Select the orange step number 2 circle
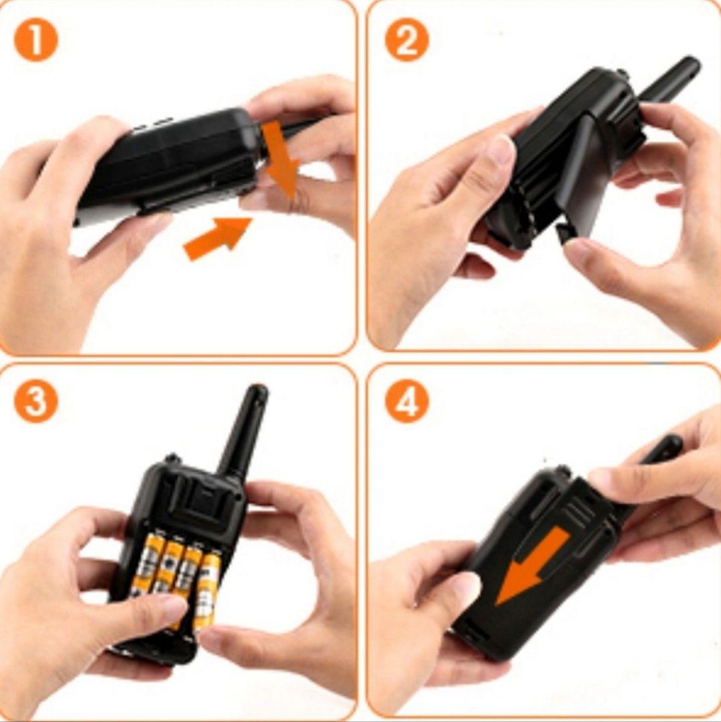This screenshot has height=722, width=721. [x=407, y=40]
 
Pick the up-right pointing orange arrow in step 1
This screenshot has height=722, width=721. [x=217, y=237]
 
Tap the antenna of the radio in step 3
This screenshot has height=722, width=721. [x=244, y=430]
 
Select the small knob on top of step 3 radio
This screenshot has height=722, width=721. [x=172, y=459]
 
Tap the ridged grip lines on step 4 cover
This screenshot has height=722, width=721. [x=577, y=511]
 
